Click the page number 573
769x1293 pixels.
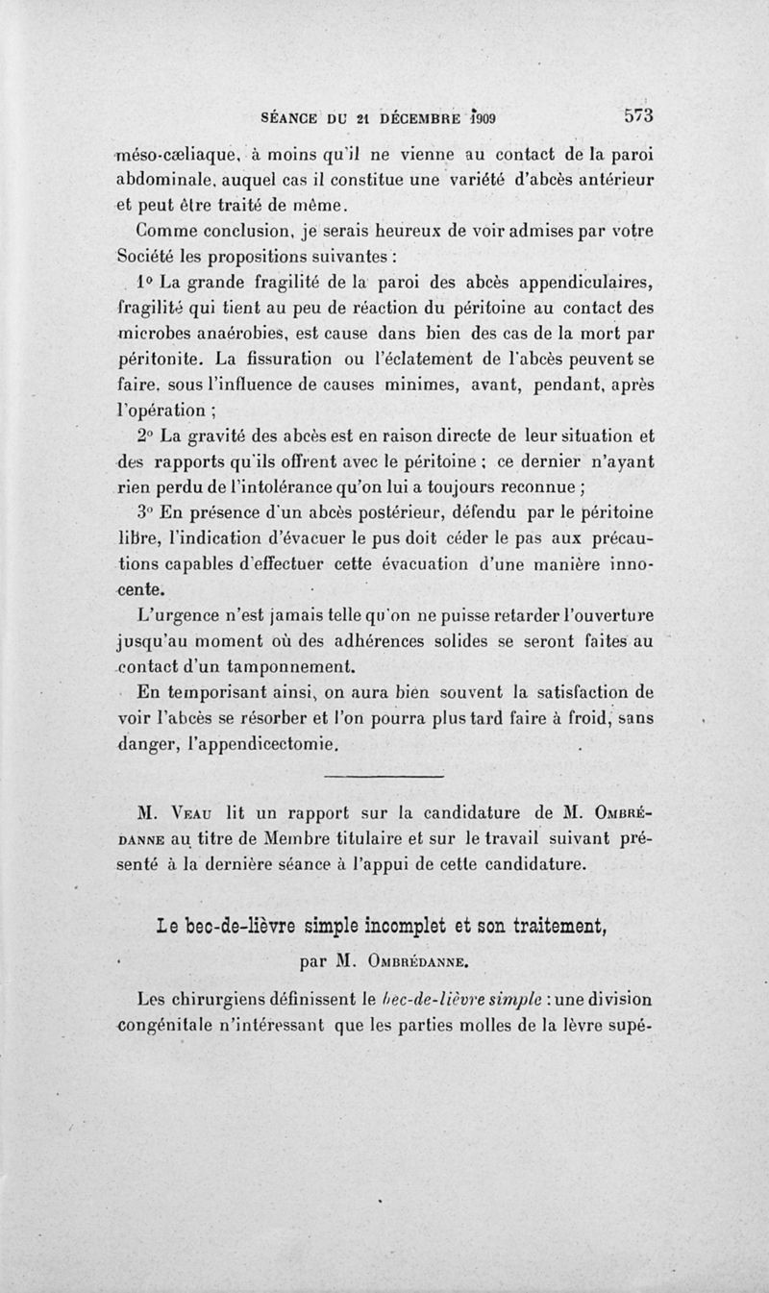click(638, 115)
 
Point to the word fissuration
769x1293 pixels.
click(297, 360)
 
